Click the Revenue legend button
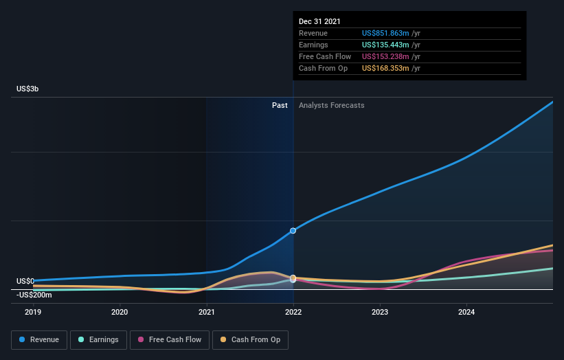(x=39, y=339)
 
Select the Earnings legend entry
(x=98, y=339)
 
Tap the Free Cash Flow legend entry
(x=170, y=339)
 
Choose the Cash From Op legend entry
(x=251, y=339)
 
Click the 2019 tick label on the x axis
(x=33, y=312)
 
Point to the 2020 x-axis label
(x=120, y=312)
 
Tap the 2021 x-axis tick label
(x=206, y=312)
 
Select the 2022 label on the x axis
(x=293, y=312)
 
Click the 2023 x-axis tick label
(x=380, y=312)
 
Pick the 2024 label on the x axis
(x=466, y=312)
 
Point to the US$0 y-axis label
(x=25, y=281)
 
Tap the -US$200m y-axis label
(x=34, y=295)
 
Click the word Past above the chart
(x=280, y=105)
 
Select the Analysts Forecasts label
(x=331, y=105)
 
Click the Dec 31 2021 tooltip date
(x=319, y=22)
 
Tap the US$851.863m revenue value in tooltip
(x=386, y=33)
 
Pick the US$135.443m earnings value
(x=386, y=45)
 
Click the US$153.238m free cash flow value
(x=386, y=56)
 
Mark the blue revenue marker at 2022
(x=293, y=230)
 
